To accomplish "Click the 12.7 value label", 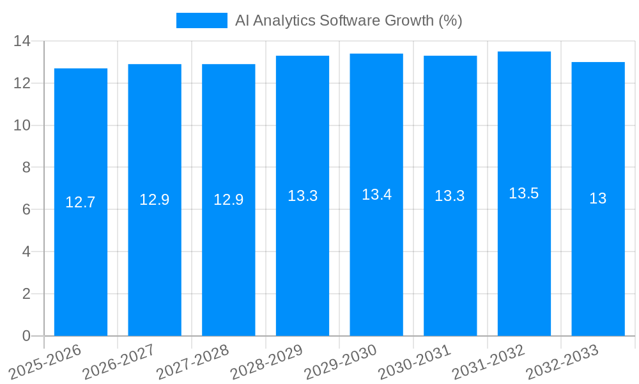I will [x=81, y=202].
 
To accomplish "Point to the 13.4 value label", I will [x=376, y=195].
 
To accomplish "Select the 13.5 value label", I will [x=524, y=193].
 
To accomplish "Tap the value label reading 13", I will [x=598, y=198].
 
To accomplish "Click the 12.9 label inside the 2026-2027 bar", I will [x=155, y=200].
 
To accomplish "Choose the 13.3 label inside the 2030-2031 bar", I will [x=450, y=196].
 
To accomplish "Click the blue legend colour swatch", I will [x=201, y=20].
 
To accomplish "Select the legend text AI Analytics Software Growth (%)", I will [x=348, y=20].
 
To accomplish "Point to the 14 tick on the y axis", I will [x=22, y=41].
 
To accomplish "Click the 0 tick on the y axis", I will [x=26, y=336].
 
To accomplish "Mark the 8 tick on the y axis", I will [x=26, y=168].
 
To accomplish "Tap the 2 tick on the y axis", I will [x=26, y=294].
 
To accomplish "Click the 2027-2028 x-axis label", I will [x=192, y=361].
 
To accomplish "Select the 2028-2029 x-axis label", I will [x=266, y=361].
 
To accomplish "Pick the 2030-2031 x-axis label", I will [x=415, y=361].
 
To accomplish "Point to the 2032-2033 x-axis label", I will [x=562, y=361].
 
